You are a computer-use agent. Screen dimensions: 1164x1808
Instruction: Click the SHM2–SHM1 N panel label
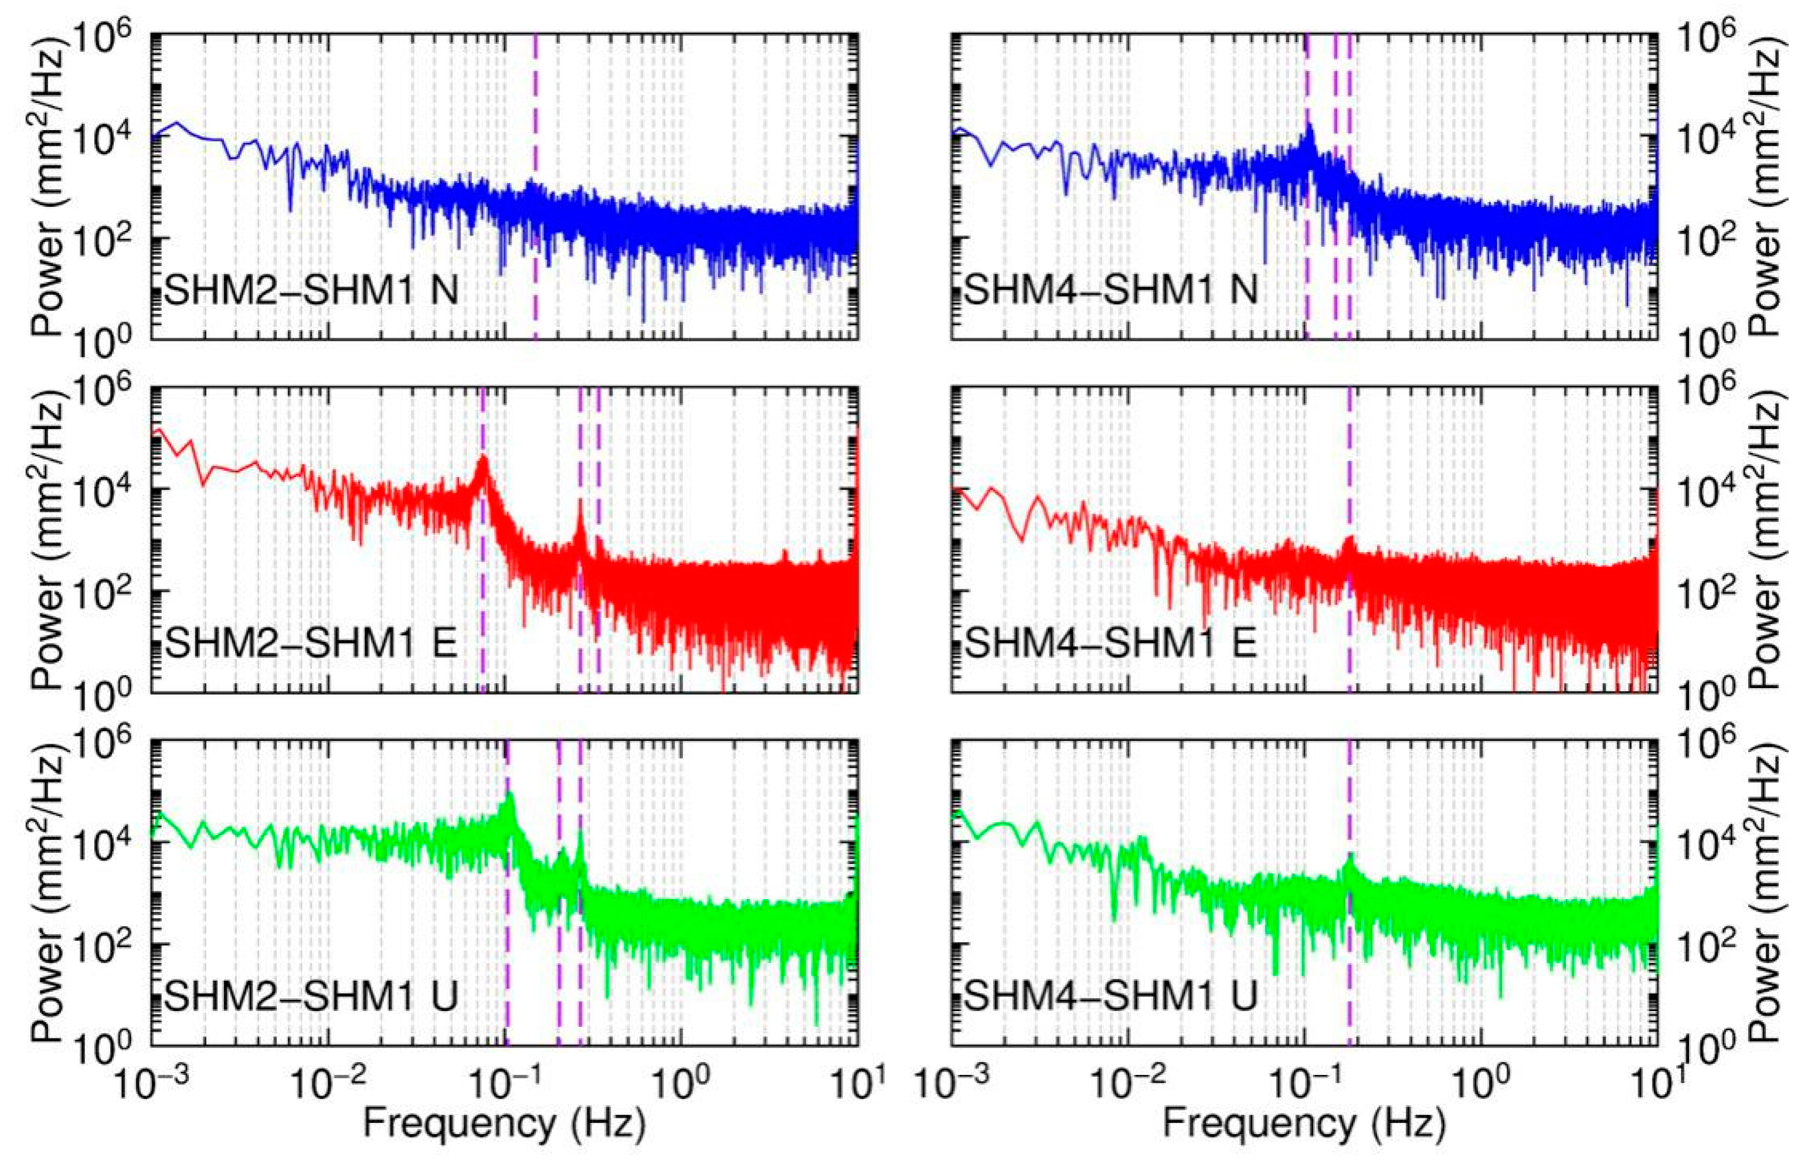click(311, 290)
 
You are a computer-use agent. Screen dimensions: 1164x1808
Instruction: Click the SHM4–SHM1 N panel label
click(1110, 290)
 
